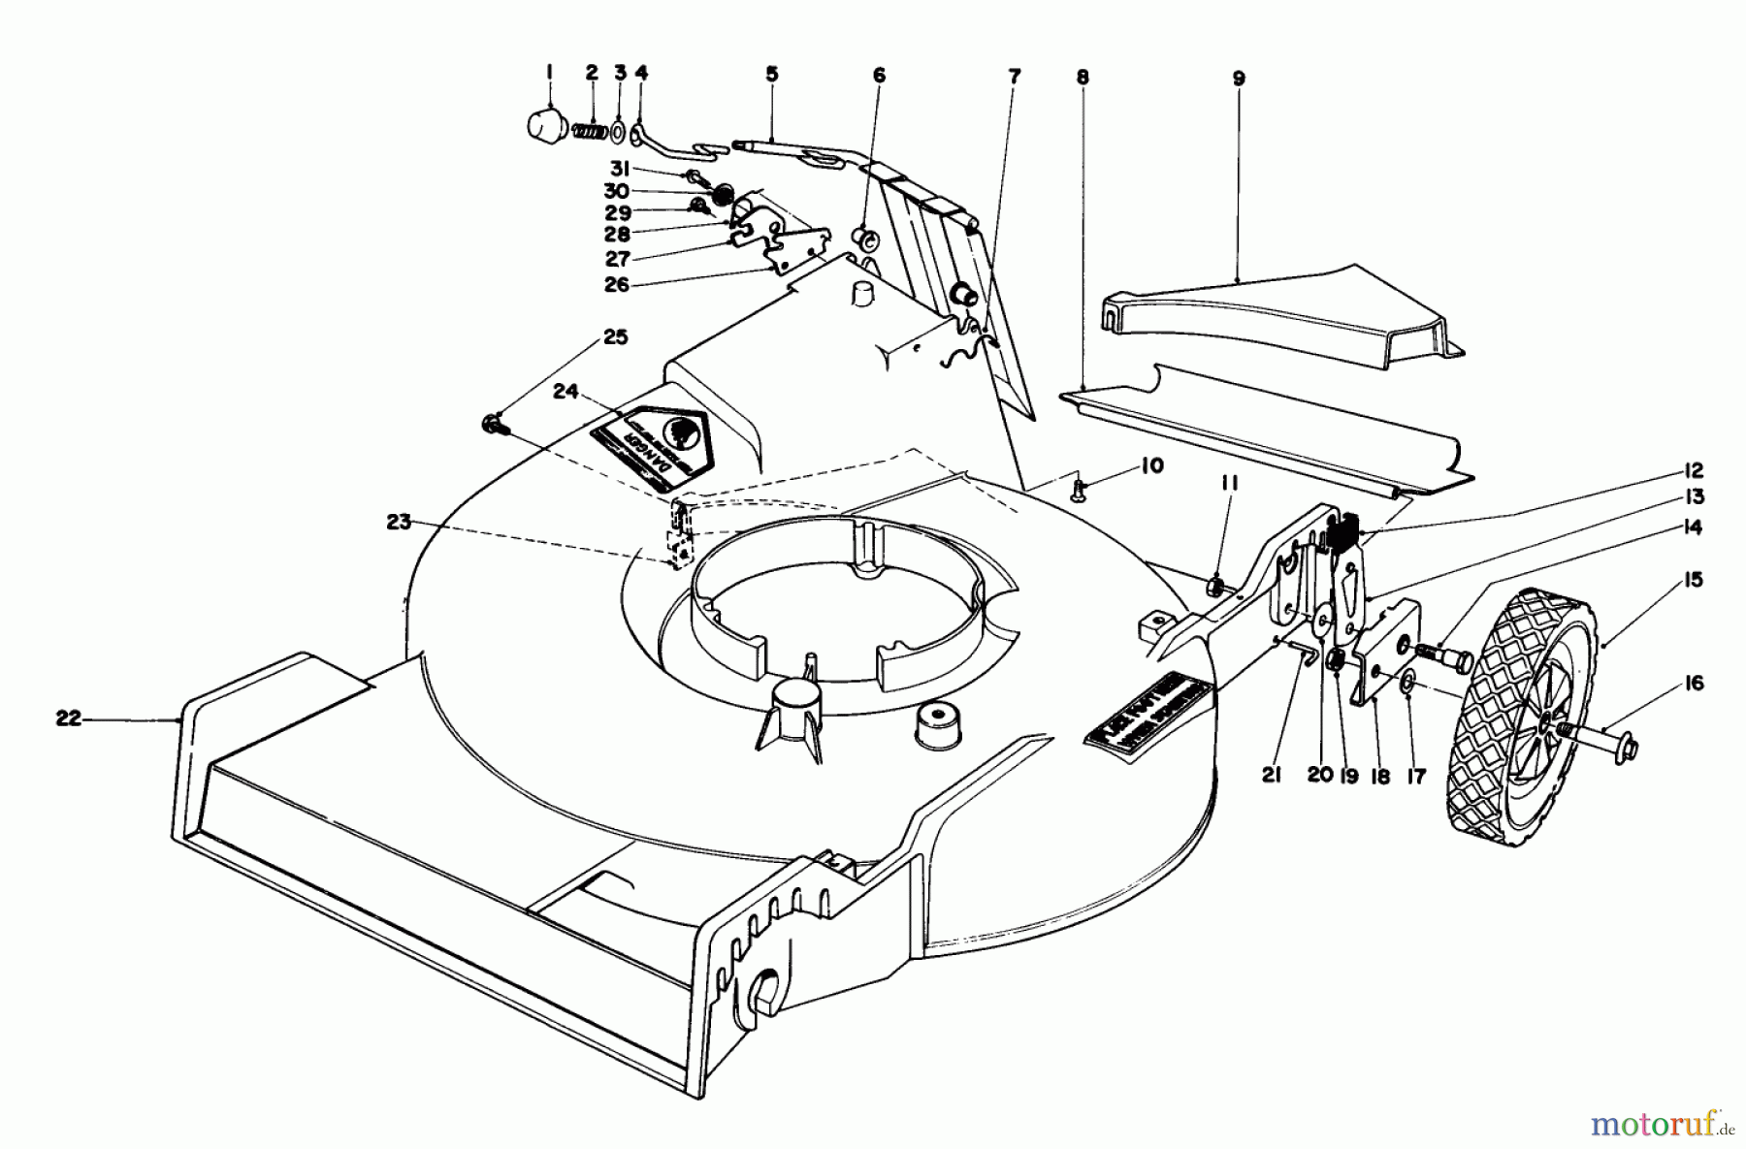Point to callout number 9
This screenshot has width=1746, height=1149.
[x=1239, y=79]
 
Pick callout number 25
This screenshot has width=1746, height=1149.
[x=615, y=337]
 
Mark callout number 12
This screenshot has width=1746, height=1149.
[x=1694, y=471]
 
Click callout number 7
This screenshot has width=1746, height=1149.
[x=1014, y=76]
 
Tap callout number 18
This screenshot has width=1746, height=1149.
[x=1380, y=777]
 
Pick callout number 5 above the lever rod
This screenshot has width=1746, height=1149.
[x=772, y=74]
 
